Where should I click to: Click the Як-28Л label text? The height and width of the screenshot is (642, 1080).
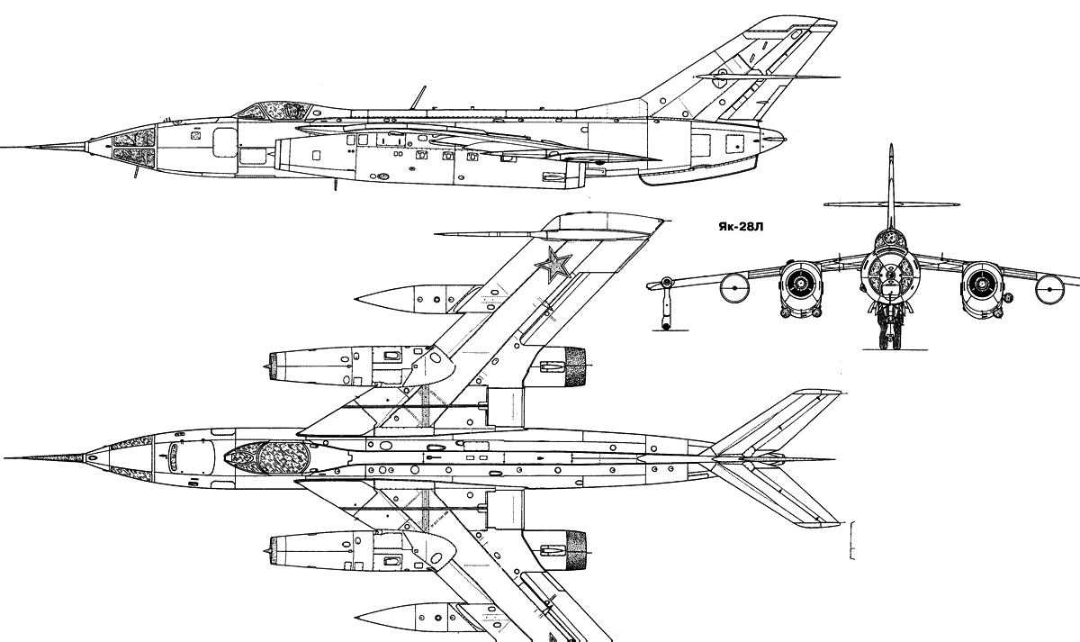tap(741, 227)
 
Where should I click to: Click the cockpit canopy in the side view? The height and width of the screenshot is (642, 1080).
tap(275, 111)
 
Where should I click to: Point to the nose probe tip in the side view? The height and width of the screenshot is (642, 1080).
tap(2, 147)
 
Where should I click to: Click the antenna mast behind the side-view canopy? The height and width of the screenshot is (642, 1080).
tap(418, 97)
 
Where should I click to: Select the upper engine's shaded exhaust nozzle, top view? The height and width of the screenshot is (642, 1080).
tap(575, 366)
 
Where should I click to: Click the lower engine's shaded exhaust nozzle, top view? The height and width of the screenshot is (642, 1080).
tap(576, 551)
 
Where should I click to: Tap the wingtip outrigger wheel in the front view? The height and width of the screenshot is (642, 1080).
tap(666, 326)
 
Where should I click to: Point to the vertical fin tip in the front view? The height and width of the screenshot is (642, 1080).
tap(891, 145)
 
